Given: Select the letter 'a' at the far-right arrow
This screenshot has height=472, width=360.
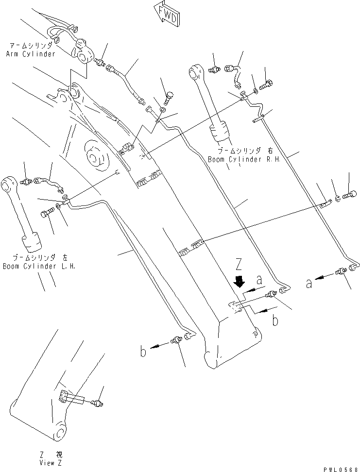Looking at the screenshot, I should pos(309,283).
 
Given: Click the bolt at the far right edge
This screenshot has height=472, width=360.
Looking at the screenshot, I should pos(349,195).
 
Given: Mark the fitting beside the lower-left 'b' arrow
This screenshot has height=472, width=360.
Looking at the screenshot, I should pos(178,340).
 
